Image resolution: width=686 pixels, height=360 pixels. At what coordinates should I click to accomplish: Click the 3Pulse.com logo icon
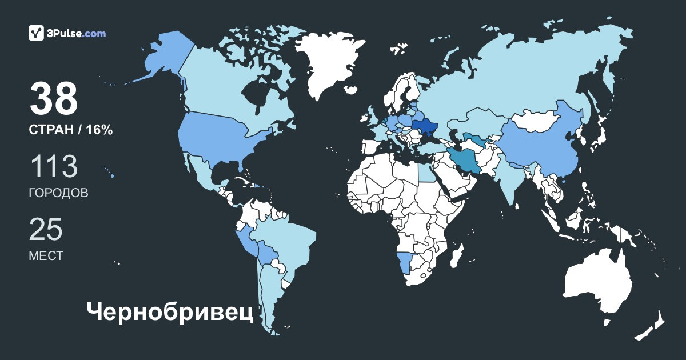37,33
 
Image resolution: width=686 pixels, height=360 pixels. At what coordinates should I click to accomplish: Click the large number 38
54,99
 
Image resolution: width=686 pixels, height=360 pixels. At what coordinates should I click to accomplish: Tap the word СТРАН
51,130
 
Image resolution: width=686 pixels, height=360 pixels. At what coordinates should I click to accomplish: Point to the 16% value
99,130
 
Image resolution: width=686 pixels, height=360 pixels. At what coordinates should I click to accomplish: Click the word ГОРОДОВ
58,193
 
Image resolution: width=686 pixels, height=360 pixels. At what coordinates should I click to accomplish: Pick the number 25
46,230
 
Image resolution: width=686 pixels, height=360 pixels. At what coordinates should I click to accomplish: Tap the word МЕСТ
46,255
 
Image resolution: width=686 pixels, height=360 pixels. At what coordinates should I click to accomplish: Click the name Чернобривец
170,312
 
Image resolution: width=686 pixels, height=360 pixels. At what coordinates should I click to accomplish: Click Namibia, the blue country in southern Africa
403,263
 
